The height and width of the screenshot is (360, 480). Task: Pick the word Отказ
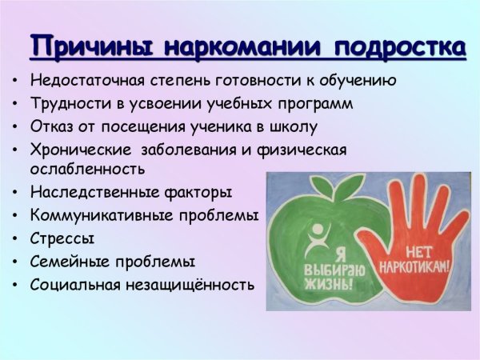(50, 126)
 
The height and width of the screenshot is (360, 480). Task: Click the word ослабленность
(87, 170)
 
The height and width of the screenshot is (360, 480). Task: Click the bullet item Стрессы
(62, 238)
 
